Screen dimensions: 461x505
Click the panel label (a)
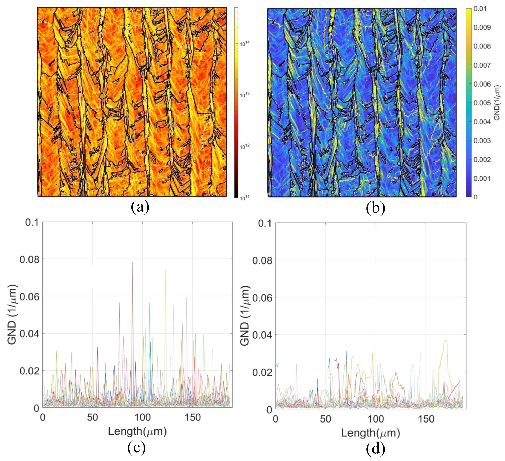(x=140, y=207)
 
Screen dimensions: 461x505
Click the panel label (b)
(x=375, y=208)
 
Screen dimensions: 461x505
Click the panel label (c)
(x=137, y=448)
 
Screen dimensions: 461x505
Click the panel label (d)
(x=375, y=448)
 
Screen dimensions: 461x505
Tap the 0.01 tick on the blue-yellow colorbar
(x=480, y=9)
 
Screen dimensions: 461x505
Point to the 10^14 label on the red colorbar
(x=244, y=44)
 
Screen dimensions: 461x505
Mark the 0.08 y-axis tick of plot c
(x=30, y=260)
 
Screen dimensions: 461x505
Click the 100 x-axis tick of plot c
(x=142, y=418)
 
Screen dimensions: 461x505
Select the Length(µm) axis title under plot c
(x=137, y=431)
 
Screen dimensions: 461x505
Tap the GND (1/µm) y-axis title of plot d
(x=245, y=316)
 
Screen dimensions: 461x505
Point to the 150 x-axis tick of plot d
(x=426, y=419)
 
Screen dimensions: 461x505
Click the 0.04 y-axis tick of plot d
(x=262, y=335)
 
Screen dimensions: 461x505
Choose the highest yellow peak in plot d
(x=445, y=340)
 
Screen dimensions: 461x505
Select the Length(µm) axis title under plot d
(x=370, y=433)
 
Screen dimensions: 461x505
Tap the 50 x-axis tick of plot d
(x=325, y=419)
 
